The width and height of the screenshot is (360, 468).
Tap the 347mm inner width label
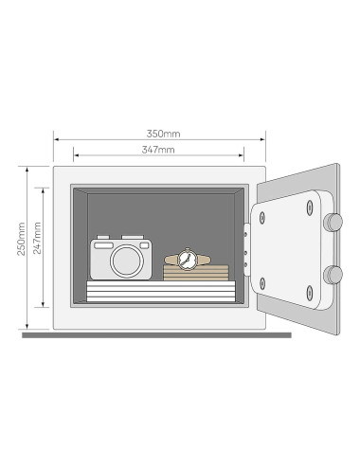coord(158,150)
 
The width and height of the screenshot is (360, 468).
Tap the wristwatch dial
coord(187,257)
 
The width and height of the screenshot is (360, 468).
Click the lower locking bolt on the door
coord(333,276)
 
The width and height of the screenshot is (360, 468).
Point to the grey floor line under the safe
coord(156,334)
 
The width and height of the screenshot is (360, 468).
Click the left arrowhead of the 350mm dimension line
coord(56,138)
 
